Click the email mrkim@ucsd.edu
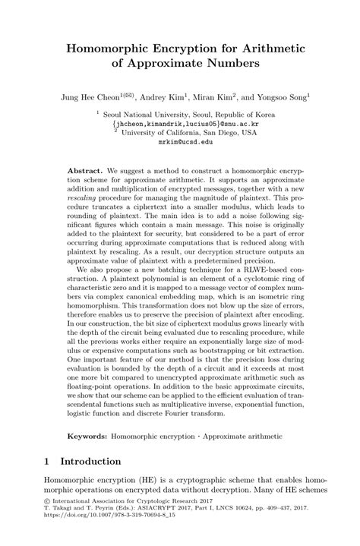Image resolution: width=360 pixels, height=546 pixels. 179,142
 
